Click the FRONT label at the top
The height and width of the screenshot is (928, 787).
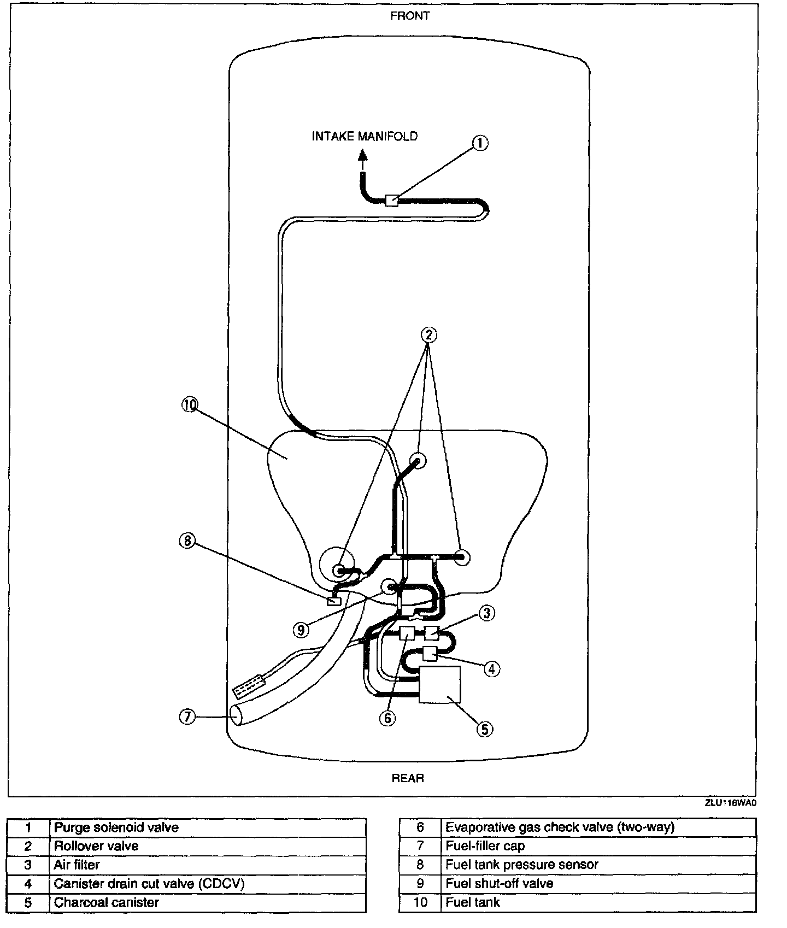point(410,16)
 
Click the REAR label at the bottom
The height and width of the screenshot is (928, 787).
point(408,778)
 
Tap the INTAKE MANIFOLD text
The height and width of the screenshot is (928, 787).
point(365,136)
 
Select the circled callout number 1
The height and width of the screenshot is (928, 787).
point(479,143)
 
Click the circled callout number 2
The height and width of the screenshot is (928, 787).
point(428,334)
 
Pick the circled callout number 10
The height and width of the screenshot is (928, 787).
point(189,404)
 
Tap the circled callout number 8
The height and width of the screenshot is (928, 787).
point(187,541)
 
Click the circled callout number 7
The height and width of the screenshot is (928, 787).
point(187,716)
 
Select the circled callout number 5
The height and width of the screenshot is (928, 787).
point(485,729)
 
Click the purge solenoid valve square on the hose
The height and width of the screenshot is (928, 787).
point(391,201)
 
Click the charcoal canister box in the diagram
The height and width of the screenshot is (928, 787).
point(439,684)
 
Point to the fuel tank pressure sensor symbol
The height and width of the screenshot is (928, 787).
point(333,601)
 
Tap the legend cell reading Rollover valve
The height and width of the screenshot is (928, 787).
point(96,846)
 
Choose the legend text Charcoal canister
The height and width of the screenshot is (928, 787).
point(106,902)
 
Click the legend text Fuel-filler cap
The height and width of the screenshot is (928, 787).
point(485,846)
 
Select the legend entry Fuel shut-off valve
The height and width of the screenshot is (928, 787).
point(500,884)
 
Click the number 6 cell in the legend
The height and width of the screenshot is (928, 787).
point(420,827)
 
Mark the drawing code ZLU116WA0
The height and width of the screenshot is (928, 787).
point(730,803)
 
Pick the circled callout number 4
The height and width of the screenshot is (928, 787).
point(491,668)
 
